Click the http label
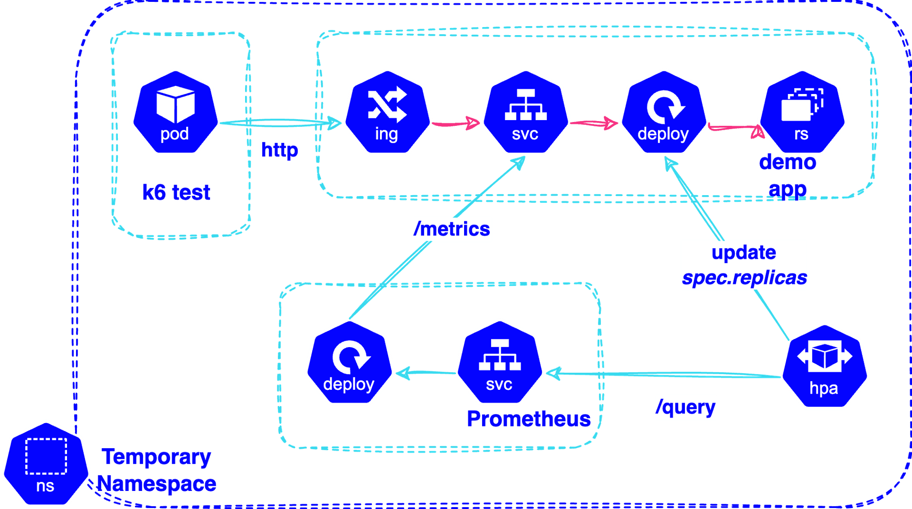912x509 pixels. pyautogui.click(x=280, y=150)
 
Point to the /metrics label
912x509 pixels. pyautogui.click(x=452, y=229)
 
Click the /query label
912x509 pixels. pyautogui.click(x=685, y=407)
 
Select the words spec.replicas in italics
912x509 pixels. pyautogui.click(x=744, y=278)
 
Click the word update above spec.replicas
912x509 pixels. pyautogui.click(x=743, y=253)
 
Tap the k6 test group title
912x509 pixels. pyautogui.click(x=176, y=192)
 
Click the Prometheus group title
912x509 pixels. pyautogui.click(x=529, y=419)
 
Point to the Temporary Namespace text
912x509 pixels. pyautogui.click(x=157, y=470)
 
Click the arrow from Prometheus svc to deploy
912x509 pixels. pyautogui.click(x=425, y=373)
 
